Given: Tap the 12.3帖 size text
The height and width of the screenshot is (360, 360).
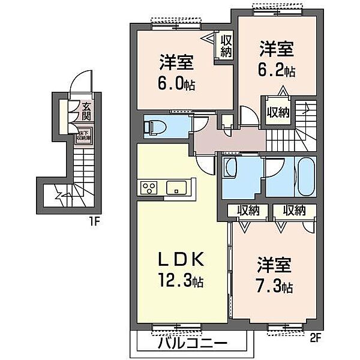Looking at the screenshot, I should tap(181, 281).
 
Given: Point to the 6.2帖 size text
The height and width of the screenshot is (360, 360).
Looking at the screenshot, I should tap(277, 71).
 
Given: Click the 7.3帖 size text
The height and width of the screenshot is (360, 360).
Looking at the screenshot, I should tap(275, 287).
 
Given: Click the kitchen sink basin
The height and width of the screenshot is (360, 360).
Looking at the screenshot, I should tap(176, 187).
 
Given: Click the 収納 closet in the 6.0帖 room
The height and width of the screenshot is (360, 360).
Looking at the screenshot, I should tap(226, 46).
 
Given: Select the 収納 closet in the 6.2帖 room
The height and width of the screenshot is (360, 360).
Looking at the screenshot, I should tap(278, 112).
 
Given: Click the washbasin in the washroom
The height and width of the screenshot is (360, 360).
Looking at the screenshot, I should tap(230, 169).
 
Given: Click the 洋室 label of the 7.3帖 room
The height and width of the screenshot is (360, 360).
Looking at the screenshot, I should tap(274, 265).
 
